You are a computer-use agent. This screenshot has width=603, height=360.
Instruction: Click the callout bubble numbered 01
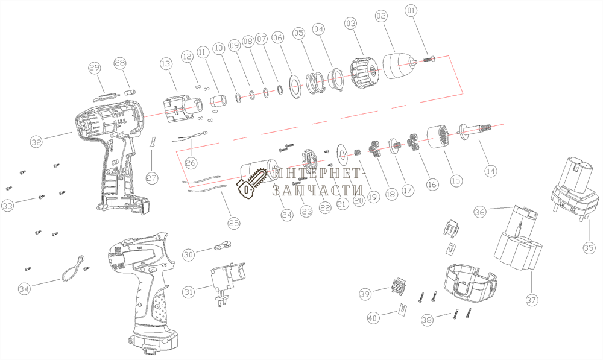tap(411, 10)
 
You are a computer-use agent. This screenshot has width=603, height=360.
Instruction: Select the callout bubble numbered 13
tap(166, 63)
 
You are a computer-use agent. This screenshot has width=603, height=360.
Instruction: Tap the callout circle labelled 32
tap(37, 142)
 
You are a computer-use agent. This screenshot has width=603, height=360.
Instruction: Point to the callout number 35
tap(589, 247)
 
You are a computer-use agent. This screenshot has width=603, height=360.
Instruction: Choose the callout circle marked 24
tap(286, 213)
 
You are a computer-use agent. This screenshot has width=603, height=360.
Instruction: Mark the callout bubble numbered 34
tap(24, 289)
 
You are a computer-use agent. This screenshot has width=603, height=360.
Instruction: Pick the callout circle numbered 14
tap(490, 171)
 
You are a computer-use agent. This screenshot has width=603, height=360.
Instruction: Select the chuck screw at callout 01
tap(432, 58)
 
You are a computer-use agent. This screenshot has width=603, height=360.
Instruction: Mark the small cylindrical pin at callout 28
tap(130, 91)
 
